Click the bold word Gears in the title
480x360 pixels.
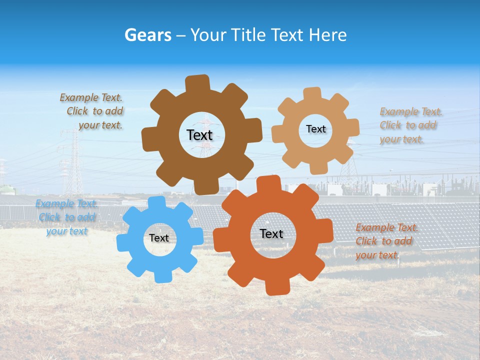[147, 35]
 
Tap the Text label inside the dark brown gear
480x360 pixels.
[199, 135]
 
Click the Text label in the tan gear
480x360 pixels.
[315, 129]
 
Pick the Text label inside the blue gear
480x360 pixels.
[159, 238]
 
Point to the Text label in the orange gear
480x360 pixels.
[271, 233]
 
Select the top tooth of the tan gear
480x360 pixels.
[312, 93]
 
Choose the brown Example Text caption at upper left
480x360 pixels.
[92, 111]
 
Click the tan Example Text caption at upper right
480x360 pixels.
[409, 125]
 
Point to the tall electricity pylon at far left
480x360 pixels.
[73, 160]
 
